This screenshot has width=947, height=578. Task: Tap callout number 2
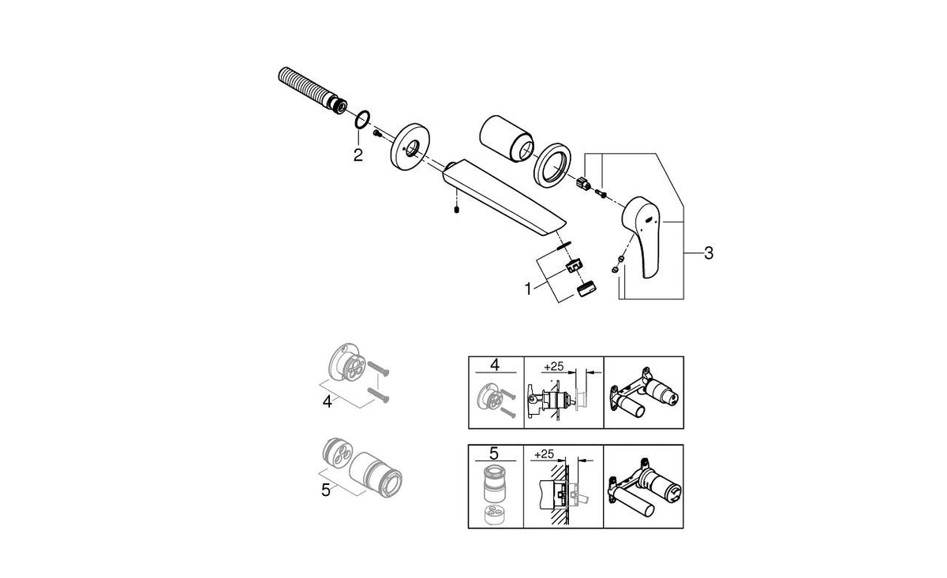coord(357,155)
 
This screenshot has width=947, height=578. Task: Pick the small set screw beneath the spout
coord(457,210)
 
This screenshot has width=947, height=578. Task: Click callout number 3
coord(708,253)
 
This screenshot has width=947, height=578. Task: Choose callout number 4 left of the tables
coord(327,401)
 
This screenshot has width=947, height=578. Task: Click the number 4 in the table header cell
coord(495,365)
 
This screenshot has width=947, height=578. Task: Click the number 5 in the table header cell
coord(495,453)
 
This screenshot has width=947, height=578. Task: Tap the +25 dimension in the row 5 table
coord(545,455)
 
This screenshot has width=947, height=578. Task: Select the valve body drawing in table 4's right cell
coord(643,392)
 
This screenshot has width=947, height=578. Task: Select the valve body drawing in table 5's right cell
coord(643,486)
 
